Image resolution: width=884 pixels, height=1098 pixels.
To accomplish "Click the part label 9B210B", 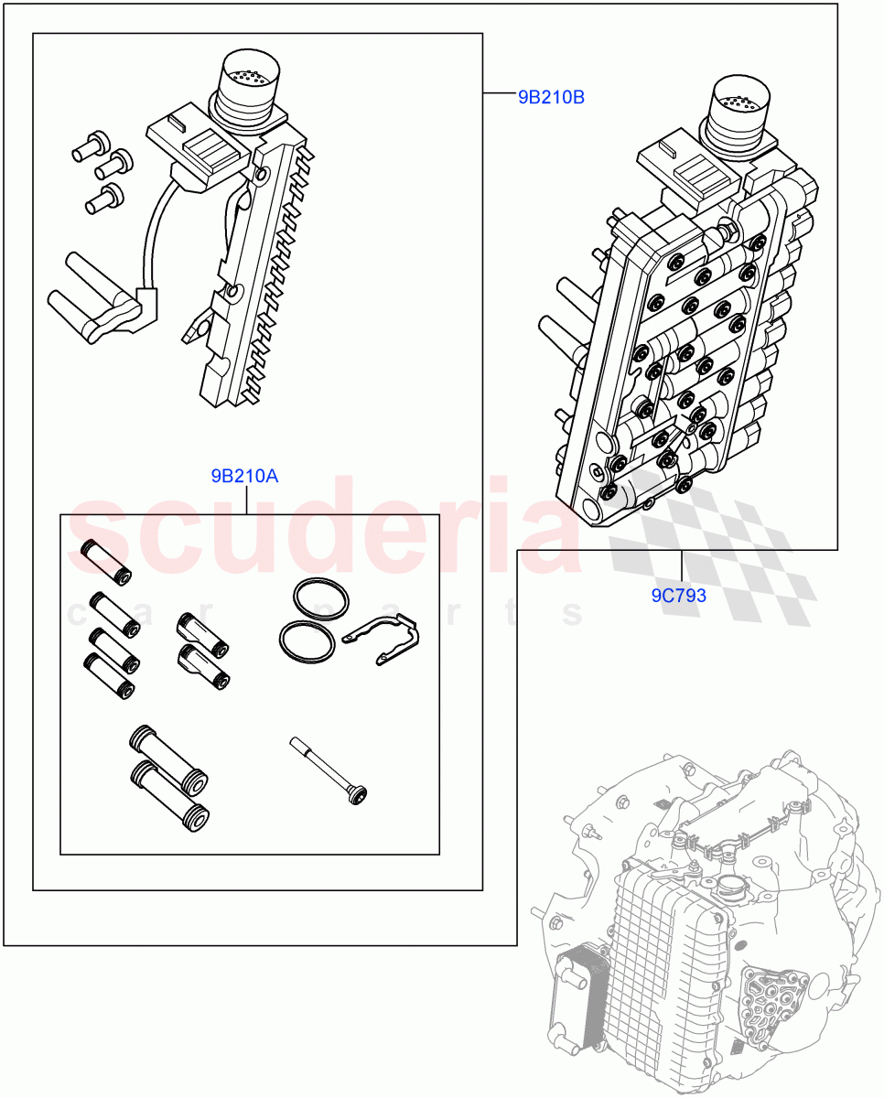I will (551, 96).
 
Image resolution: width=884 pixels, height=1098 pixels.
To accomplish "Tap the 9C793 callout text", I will (678, 596).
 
